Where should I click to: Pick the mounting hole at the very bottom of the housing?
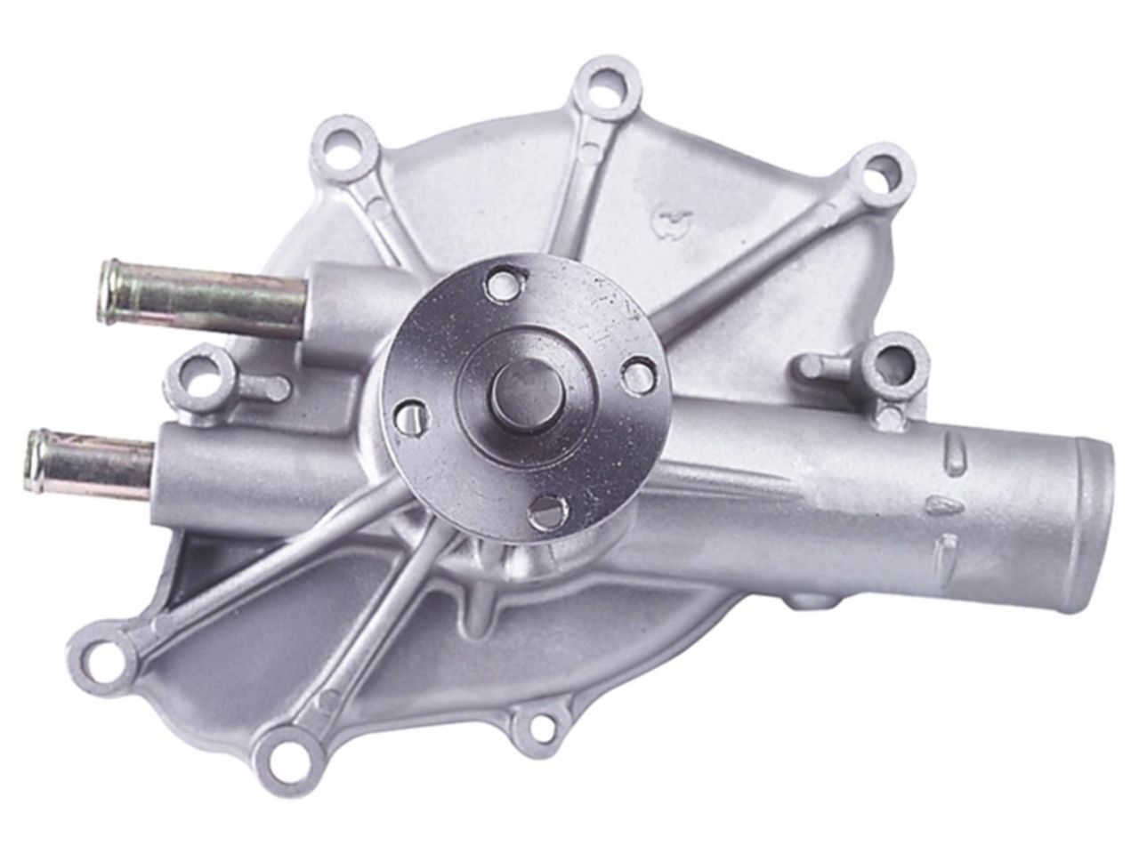(x=283, y=761)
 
